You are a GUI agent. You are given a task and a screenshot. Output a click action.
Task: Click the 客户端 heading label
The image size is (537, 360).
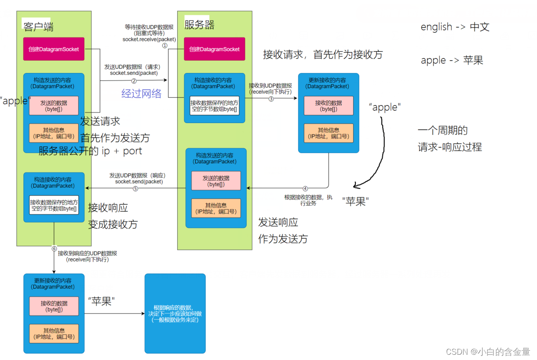click(38, 26)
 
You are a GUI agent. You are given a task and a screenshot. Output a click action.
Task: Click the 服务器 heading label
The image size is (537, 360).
click(199, 25)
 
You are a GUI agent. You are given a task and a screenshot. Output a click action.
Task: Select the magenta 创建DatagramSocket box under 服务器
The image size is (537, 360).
click(214, 49)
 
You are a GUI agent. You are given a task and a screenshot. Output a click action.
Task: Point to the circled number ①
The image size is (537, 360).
click(165, 45)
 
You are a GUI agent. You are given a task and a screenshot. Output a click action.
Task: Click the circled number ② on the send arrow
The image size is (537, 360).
click(134, 80)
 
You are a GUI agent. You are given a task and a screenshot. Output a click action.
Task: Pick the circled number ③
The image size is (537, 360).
click(271, 98)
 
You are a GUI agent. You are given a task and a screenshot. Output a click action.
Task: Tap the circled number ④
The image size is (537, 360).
click(305, 189)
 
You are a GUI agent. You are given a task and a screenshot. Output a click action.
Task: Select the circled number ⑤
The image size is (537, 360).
click(135, 189)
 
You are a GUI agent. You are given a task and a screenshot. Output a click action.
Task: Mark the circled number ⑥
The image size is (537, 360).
click(55, 248)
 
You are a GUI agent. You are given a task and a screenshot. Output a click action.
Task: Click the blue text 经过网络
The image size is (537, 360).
click(141, 93)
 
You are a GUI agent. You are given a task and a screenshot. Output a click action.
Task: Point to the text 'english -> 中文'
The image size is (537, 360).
click(455, 27)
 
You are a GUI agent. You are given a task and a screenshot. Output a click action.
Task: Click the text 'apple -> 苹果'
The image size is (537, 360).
click(452, 60)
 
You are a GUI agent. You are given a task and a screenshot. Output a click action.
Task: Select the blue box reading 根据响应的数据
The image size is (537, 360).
click(175, 313)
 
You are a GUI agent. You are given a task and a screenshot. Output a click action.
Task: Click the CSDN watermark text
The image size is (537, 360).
click(488, 352)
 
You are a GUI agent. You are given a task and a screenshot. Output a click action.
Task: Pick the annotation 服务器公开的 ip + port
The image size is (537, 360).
click(90, 151)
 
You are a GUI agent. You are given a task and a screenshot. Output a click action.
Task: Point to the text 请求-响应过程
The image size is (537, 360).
click(449, 147)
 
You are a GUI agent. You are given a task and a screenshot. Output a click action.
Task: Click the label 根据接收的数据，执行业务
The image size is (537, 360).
click(307, 200)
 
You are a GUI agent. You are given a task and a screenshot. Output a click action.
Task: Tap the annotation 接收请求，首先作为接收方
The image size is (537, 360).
click(323, 55)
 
